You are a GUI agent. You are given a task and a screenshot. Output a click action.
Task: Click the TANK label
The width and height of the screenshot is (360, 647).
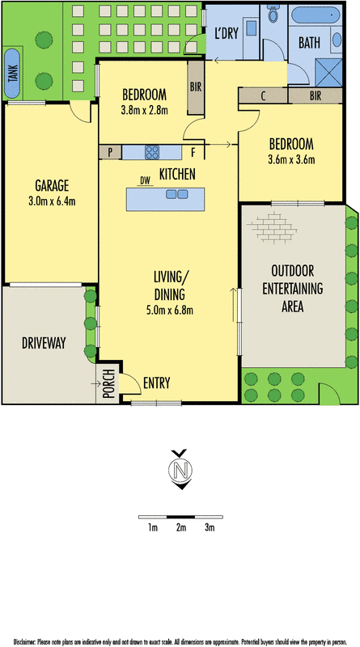(12, 74)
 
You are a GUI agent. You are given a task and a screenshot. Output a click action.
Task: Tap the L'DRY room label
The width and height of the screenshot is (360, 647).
(227, 33)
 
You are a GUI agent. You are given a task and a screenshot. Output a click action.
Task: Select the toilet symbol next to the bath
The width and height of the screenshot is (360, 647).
(273, 14)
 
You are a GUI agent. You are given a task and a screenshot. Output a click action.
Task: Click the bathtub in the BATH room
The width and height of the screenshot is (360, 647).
(315, 15)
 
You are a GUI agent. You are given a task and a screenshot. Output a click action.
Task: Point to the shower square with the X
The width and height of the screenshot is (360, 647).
(328, 73)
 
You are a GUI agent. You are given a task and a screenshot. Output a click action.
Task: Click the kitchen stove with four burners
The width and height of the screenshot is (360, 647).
(151, 152)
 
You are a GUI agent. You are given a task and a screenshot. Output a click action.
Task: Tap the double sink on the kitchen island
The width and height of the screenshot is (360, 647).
(176, 193)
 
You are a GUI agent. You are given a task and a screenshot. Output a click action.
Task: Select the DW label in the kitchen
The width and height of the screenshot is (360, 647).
(145, 180)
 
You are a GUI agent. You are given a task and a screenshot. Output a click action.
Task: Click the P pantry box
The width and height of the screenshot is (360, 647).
(110, 152)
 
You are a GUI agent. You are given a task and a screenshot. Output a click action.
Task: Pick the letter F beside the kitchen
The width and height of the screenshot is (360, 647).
(193, 152)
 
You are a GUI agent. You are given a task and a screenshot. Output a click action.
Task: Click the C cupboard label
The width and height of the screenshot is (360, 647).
(263, 96)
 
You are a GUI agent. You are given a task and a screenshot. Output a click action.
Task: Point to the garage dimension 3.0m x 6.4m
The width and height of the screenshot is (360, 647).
(52, 201)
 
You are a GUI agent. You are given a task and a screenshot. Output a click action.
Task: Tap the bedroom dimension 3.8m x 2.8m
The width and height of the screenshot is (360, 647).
(144, 111)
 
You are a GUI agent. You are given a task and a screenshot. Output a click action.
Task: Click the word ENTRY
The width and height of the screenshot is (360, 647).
(156, 383)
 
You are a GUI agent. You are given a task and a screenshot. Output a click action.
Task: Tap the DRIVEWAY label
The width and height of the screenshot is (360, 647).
(44, 343)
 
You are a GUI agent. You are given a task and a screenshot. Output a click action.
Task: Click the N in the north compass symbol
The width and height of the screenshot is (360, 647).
(180, 469)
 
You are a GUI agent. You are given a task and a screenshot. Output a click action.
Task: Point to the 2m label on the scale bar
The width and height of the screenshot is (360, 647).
(181, 528)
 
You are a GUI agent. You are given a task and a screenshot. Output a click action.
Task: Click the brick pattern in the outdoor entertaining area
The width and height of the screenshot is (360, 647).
(272, 226)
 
